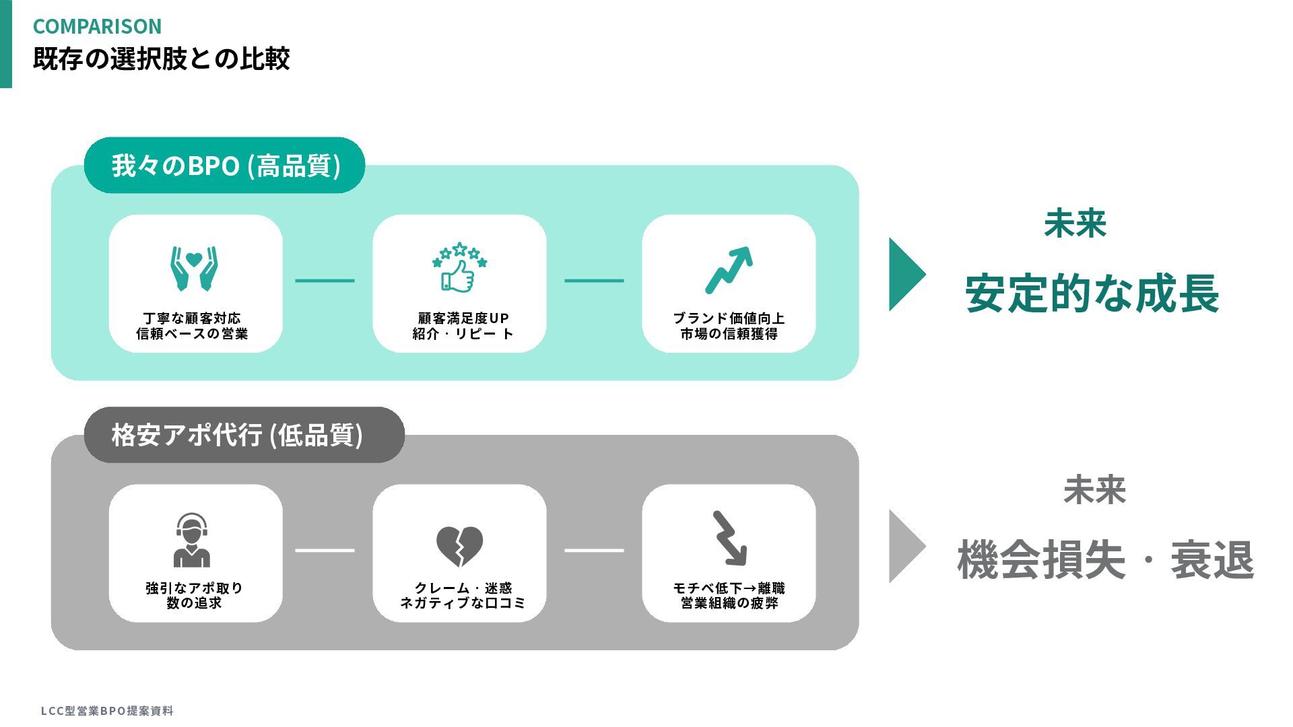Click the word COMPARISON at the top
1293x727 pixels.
click(x=97, y=26)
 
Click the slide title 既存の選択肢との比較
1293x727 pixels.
click(x=161, y=59)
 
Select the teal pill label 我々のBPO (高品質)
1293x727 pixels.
click(x=225, y=166)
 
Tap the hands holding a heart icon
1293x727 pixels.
click(x=194, y=268)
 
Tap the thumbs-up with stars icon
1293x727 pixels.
click(x=459, y=267)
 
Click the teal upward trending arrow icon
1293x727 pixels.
click(x=729, y=270)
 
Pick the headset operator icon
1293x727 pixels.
click(x=192, y=540)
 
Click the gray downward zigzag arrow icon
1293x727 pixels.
click(x=729, y=539)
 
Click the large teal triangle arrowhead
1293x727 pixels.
click(x=906, y=274)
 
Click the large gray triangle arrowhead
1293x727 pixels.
click(x=906, y=546)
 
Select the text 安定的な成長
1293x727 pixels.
click(x=1092, y=294)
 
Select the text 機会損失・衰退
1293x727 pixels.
click(x=1105, y=560)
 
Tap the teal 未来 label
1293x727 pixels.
click(x=1075, y=223)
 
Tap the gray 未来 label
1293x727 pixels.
click(x=1094, y=490)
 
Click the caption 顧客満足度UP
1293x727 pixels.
click(x=463, y=318)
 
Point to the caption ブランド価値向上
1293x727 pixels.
click(x=729, y=318)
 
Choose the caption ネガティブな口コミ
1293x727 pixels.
click(x=463, y=603)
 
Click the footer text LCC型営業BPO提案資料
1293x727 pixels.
click(x=107, y=711)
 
